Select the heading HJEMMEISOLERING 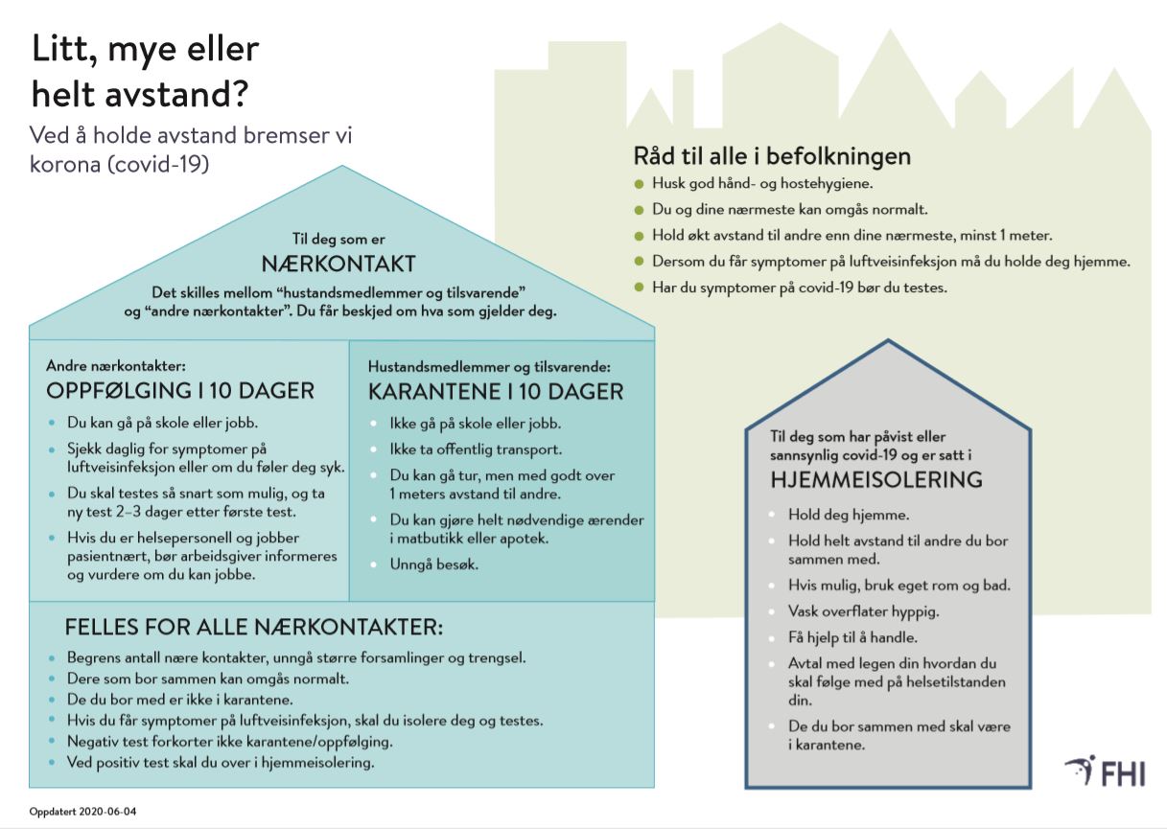pyautogui.click(x=876, y=479)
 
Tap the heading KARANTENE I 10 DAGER pyautogui.click(x=496, y=391)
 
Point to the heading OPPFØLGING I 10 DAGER pyautogui.click(x=180, y=391)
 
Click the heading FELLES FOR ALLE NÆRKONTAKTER pyautogui.click(x=254, y=628)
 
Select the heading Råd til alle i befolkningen pyautogui.click(x=772, y=156)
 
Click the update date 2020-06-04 pyautogui.click(x=83, y=812)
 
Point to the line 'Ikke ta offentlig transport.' pyautogui.click(x=476, y=449)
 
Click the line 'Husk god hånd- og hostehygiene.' pyautogui.click(x=763, y=184)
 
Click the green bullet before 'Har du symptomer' pyautogui.click(x=640, y=287)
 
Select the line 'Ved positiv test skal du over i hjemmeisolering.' pyautogui.click(x=220, y=763)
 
